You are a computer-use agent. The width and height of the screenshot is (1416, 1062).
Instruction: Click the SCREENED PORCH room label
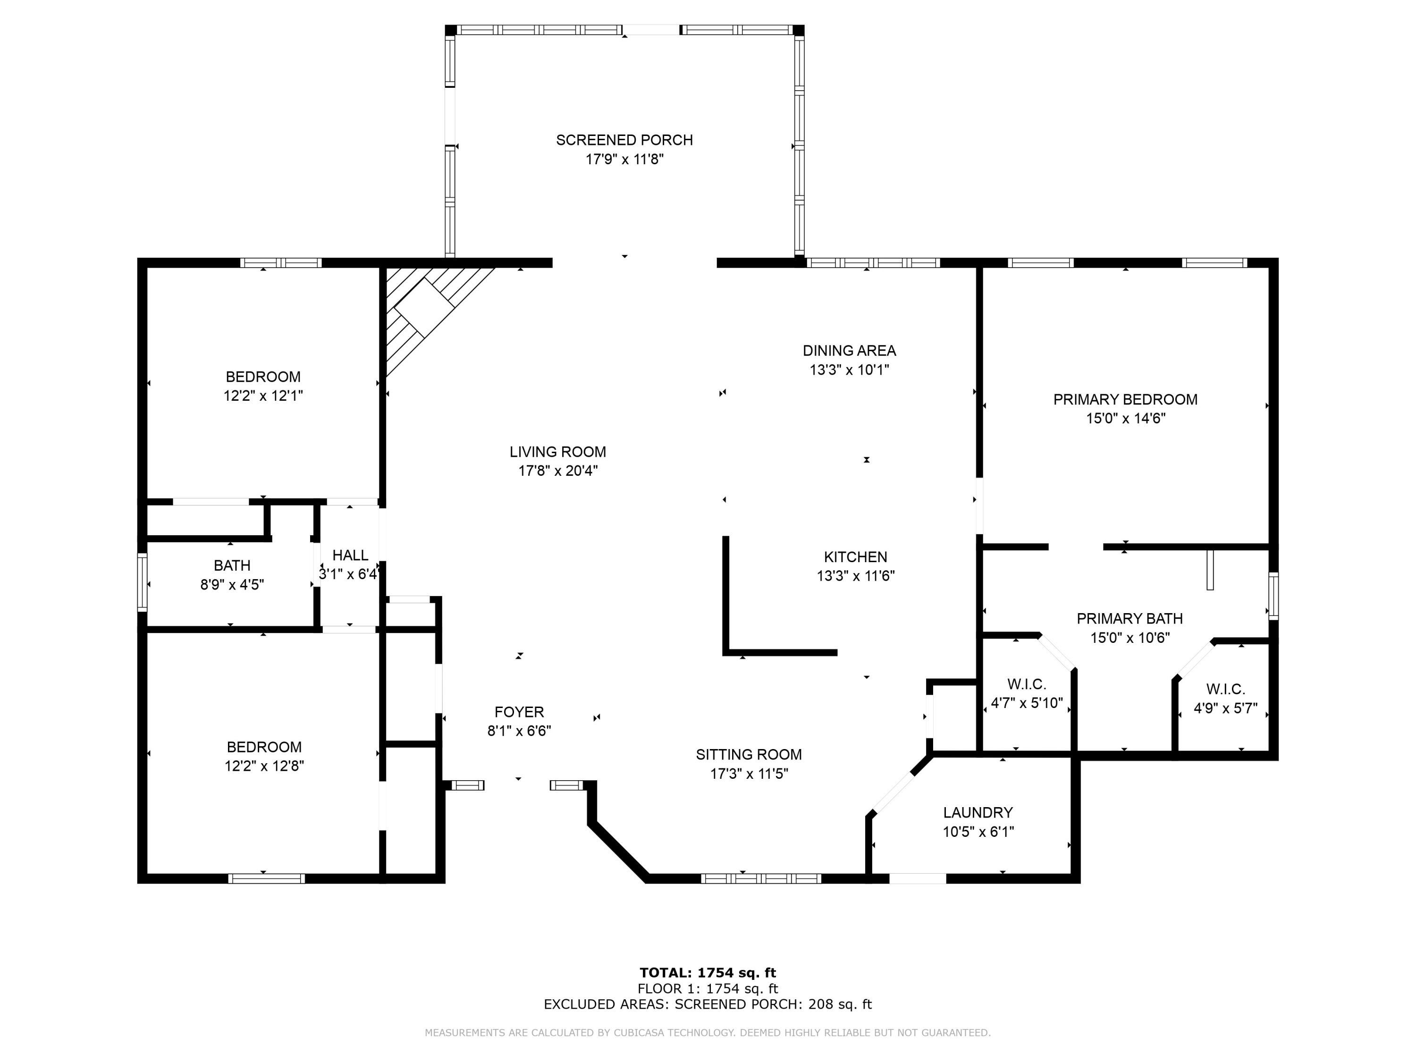coord(624,140)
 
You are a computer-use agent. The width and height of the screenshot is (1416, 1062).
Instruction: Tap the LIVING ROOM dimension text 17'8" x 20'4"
coord(557,471)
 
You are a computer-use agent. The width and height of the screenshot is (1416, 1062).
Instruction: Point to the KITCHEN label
coord(855,557)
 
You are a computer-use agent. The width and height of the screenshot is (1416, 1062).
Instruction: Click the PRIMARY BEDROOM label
coord(1125,399)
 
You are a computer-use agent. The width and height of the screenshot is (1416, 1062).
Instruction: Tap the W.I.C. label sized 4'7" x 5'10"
coord(1026,684)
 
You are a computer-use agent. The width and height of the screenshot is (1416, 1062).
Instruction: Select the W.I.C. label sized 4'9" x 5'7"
coord(1225,690)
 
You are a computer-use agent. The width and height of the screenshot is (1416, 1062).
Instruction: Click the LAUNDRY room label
coord(978,813)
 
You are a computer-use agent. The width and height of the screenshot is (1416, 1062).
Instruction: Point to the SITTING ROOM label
coord(748,755)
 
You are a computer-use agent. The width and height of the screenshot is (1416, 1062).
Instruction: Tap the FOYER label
coord(519,712)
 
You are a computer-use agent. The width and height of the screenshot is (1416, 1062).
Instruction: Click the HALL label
coord(350,555)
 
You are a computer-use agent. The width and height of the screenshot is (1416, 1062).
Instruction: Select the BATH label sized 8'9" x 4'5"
coord(232,565)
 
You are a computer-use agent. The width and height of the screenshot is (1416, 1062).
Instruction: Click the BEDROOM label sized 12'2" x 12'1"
coord(262,376)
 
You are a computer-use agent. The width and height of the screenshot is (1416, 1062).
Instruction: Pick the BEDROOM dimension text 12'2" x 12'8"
coord(264,766)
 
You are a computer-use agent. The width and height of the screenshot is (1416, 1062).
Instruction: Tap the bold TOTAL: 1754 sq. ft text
coord(708,973)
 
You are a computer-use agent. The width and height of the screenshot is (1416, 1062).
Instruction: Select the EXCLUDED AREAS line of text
coord(708,1004)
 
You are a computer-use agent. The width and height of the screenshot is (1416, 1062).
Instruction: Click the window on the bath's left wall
coord(142,582)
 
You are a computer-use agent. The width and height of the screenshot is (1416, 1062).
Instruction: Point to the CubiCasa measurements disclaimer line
coord(708,1033)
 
